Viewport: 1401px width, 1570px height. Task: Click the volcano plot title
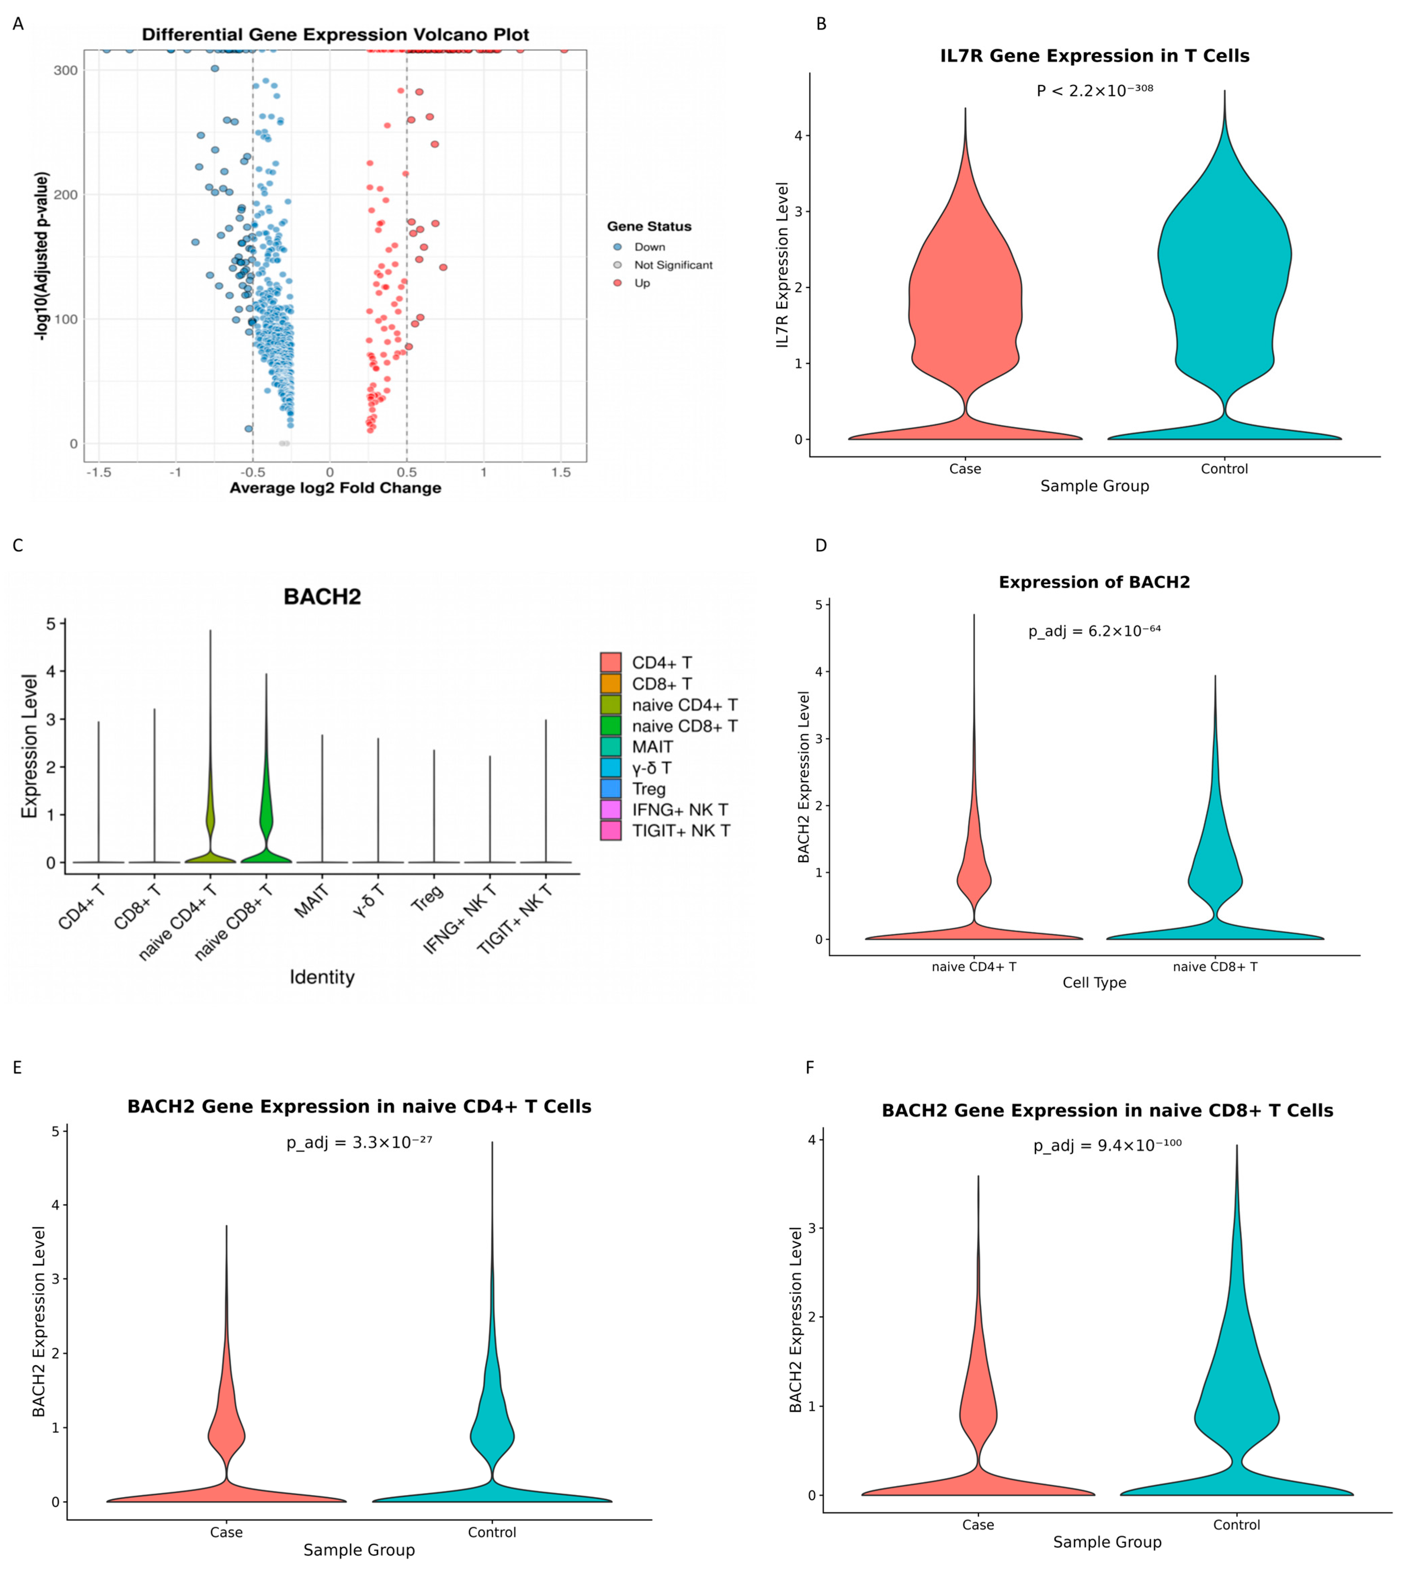[336, 35]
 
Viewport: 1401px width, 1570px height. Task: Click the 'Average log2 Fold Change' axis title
[336, 488]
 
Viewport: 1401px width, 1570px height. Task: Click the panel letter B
[821, 24]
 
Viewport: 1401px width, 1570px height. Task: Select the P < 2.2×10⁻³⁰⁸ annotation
[1095, 90]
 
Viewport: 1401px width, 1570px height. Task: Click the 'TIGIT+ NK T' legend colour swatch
[610, 830]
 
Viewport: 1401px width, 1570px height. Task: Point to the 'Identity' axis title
[322, 977]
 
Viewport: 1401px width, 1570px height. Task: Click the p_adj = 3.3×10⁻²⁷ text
[359, 1142]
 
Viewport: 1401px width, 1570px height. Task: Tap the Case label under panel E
[226, 1532]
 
